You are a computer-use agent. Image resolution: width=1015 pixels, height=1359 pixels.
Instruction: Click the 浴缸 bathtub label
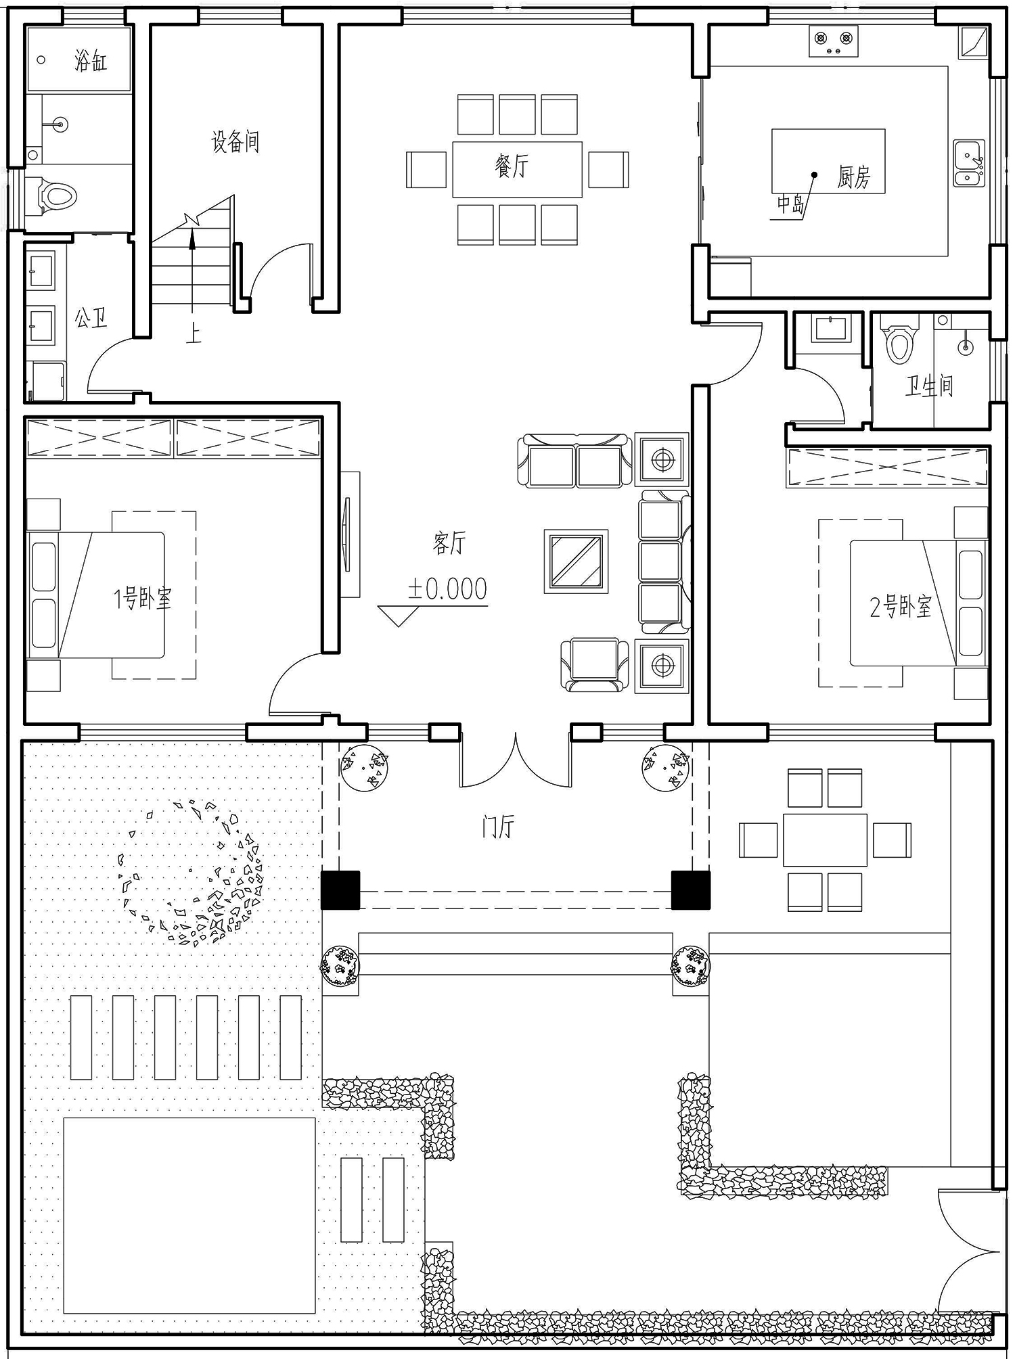point(91,62)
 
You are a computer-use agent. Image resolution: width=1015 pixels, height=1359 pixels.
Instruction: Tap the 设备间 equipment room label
point(235,142)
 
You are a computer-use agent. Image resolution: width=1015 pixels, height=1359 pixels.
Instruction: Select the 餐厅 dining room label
point(512,166)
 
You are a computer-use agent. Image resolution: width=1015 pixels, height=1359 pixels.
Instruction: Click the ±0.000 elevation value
point(447,589)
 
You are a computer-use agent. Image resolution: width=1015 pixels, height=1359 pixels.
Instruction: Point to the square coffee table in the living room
point(576,561)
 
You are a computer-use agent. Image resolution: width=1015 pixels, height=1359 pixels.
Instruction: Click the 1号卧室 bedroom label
point(143,598)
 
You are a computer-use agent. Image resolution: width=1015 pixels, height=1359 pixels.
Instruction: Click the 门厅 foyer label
point(499,827)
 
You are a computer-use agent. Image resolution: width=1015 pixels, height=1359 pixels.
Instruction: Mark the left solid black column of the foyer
point(340,890)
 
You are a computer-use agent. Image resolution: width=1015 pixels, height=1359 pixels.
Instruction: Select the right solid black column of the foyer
point(691,890)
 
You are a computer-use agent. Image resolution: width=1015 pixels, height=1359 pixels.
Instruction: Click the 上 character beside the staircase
point(194,334)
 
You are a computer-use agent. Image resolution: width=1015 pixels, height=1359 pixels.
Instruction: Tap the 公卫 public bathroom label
point(91,317)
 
